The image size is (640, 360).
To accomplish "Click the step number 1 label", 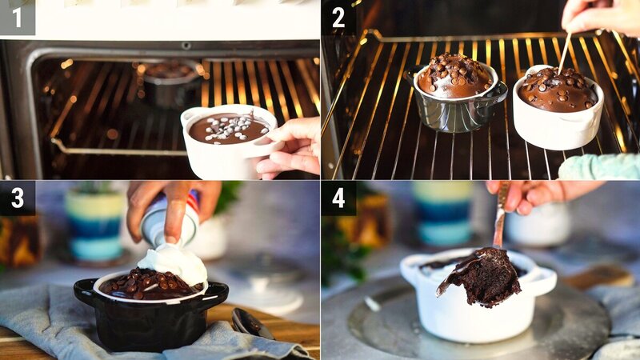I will (x=17, y=17).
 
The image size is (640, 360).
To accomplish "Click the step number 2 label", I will (x=338, y=17).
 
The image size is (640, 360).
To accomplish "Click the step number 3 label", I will (x=17, y=198).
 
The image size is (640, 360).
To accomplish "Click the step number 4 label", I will (x=338, y=198).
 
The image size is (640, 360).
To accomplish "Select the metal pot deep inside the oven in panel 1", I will (x=170, y=84).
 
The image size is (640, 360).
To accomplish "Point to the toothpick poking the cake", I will (x=565, y=53).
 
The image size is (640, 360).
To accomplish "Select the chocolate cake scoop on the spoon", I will (x=485, y=277).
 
